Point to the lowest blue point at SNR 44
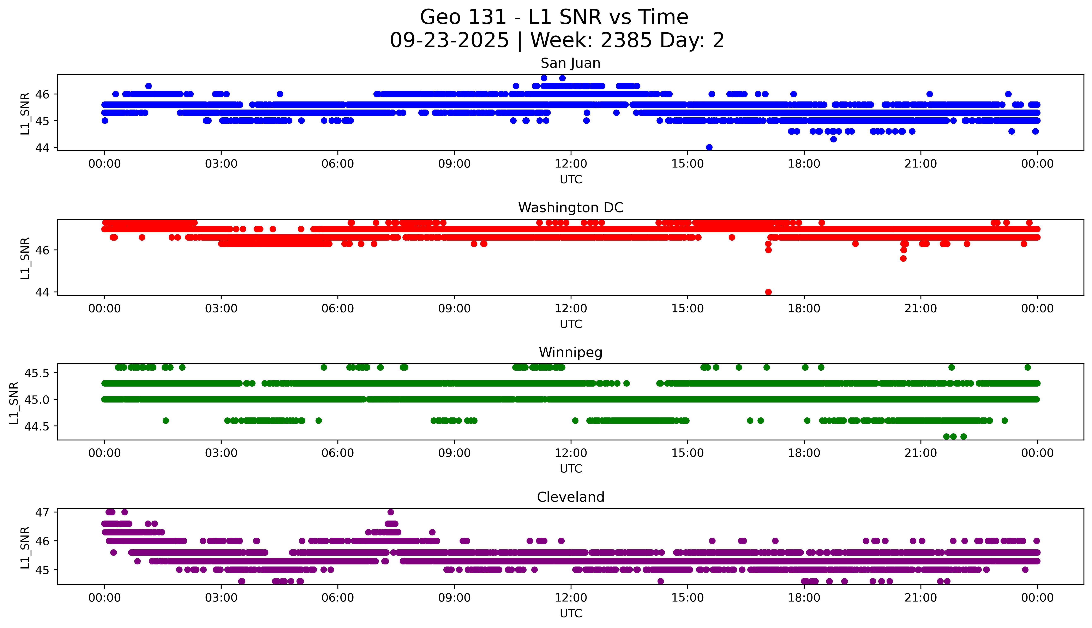pyautogui.click(x=709, y=147)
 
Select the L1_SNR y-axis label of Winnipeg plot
pyautogui.click(x=14, y=403)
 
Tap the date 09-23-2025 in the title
pyautogui.click(x=449, y=41)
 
